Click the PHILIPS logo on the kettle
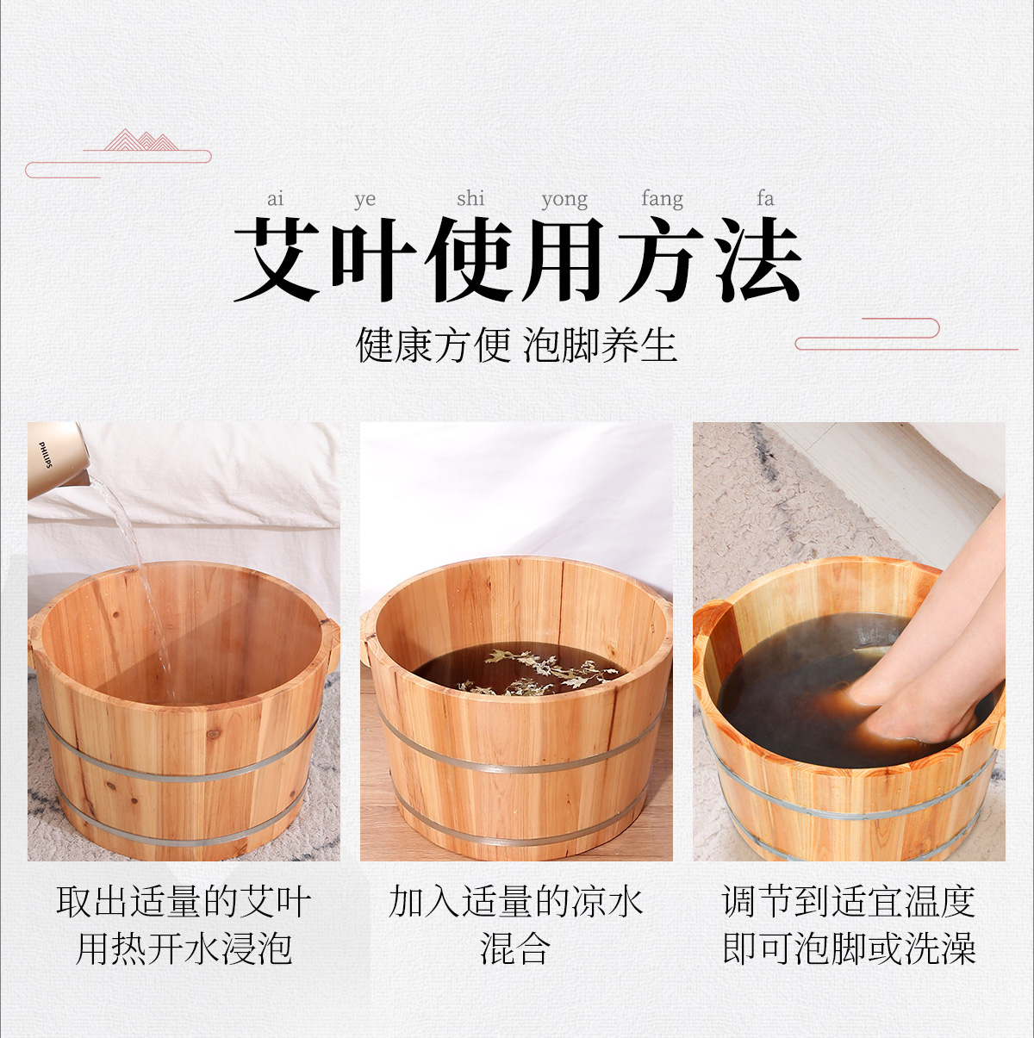46,455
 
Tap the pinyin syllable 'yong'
564,200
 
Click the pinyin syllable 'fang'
662,199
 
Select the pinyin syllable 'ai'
275,199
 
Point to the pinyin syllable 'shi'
470,198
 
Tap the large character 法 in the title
757,259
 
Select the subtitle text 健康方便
433,345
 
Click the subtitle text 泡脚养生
600,345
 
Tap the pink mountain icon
140,140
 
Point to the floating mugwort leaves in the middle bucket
539,671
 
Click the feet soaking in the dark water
911,674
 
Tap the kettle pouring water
59,461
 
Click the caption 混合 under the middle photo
515,948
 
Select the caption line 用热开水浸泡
184,948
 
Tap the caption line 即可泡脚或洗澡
849,948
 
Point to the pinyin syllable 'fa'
765,198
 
